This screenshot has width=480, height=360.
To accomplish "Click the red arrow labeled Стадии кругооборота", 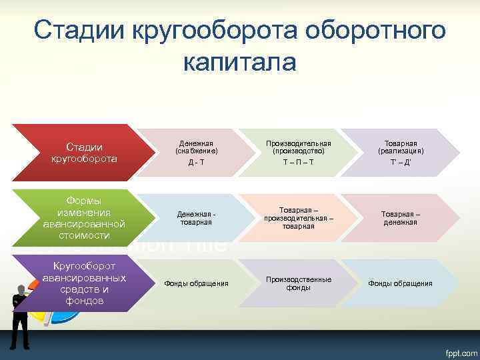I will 84,153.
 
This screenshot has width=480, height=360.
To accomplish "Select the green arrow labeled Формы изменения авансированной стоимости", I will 84,218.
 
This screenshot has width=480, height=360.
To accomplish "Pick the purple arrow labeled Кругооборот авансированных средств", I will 84,283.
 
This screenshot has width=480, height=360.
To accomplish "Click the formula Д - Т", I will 197,163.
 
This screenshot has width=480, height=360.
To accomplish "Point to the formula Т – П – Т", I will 298,163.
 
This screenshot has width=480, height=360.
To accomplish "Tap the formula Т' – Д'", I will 400,163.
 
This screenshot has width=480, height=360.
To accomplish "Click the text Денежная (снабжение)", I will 197,147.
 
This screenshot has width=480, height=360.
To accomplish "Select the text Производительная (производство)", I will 298,147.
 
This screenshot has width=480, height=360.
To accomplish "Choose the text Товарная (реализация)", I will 400,147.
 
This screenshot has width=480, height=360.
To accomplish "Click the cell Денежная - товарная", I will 197,218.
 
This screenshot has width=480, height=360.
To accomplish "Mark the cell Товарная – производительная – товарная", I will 298,218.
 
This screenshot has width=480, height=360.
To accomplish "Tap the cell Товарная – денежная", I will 400,218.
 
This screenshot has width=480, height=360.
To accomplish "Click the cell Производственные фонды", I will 298,283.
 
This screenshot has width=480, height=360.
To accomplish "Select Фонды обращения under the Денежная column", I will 197,283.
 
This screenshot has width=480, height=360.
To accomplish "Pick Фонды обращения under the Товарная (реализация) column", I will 400,283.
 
